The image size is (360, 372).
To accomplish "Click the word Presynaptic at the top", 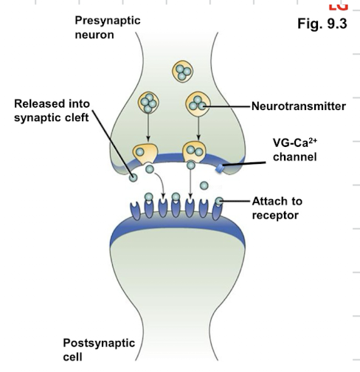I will [107, 19].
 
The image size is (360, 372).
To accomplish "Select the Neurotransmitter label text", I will [298, 106].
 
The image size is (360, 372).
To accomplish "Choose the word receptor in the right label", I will [277, 215].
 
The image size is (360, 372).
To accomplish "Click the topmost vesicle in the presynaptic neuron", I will [181, 72].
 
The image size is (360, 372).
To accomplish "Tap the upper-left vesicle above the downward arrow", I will [150, 103].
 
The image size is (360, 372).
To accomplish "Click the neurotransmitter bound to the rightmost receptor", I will [220, 200].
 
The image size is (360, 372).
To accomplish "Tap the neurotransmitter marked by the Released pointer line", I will [132, 176].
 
